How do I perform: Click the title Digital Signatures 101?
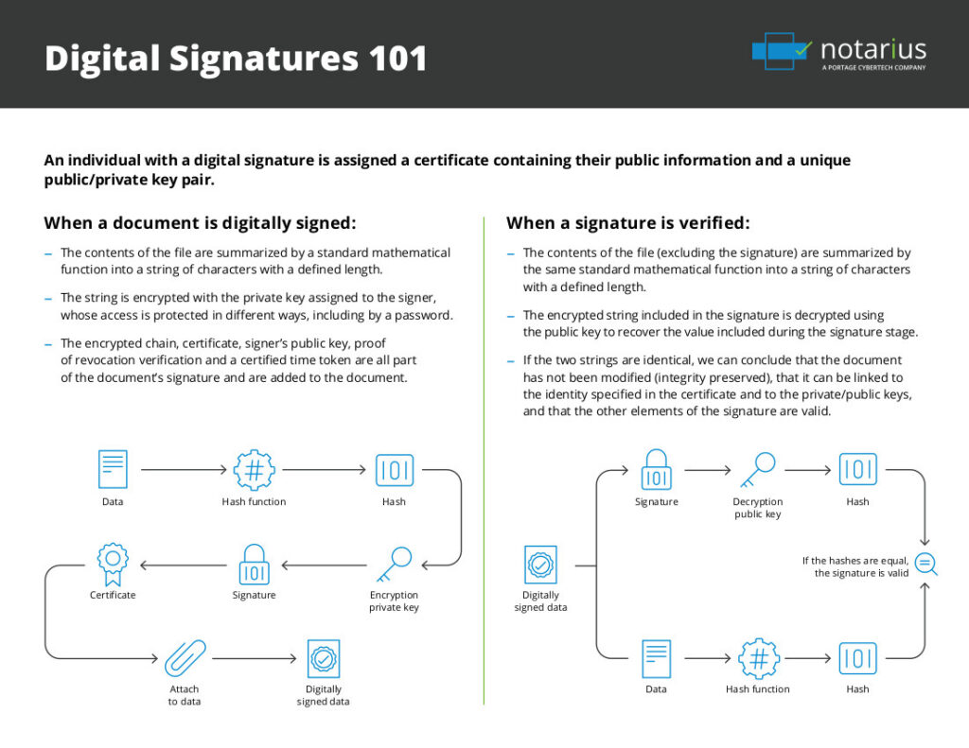[x=236, y=59]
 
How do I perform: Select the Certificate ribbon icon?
[x=113, y=564]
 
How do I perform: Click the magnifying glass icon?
[x=926, y=565]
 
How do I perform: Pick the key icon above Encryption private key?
[x=394, y=565]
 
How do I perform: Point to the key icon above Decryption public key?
[x=758, y=469]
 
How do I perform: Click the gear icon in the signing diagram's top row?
[x=254, y=469]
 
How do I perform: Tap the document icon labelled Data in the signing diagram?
[x=113, y=469]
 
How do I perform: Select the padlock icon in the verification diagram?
[x=656, y=469]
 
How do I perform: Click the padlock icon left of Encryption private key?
[x=254, y=565]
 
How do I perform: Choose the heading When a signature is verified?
[x=627, y=223]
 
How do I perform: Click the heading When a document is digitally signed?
[x=200, y=223]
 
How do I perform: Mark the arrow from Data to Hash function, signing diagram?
[x=184, y=469]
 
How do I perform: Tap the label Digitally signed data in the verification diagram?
[x=540, y=601]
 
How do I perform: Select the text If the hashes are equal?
[x=855, y=561]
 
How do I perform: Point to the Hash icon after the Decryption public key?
[x=857, y=469]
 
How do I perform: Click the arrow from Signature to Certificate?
[x=184, y=565]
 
